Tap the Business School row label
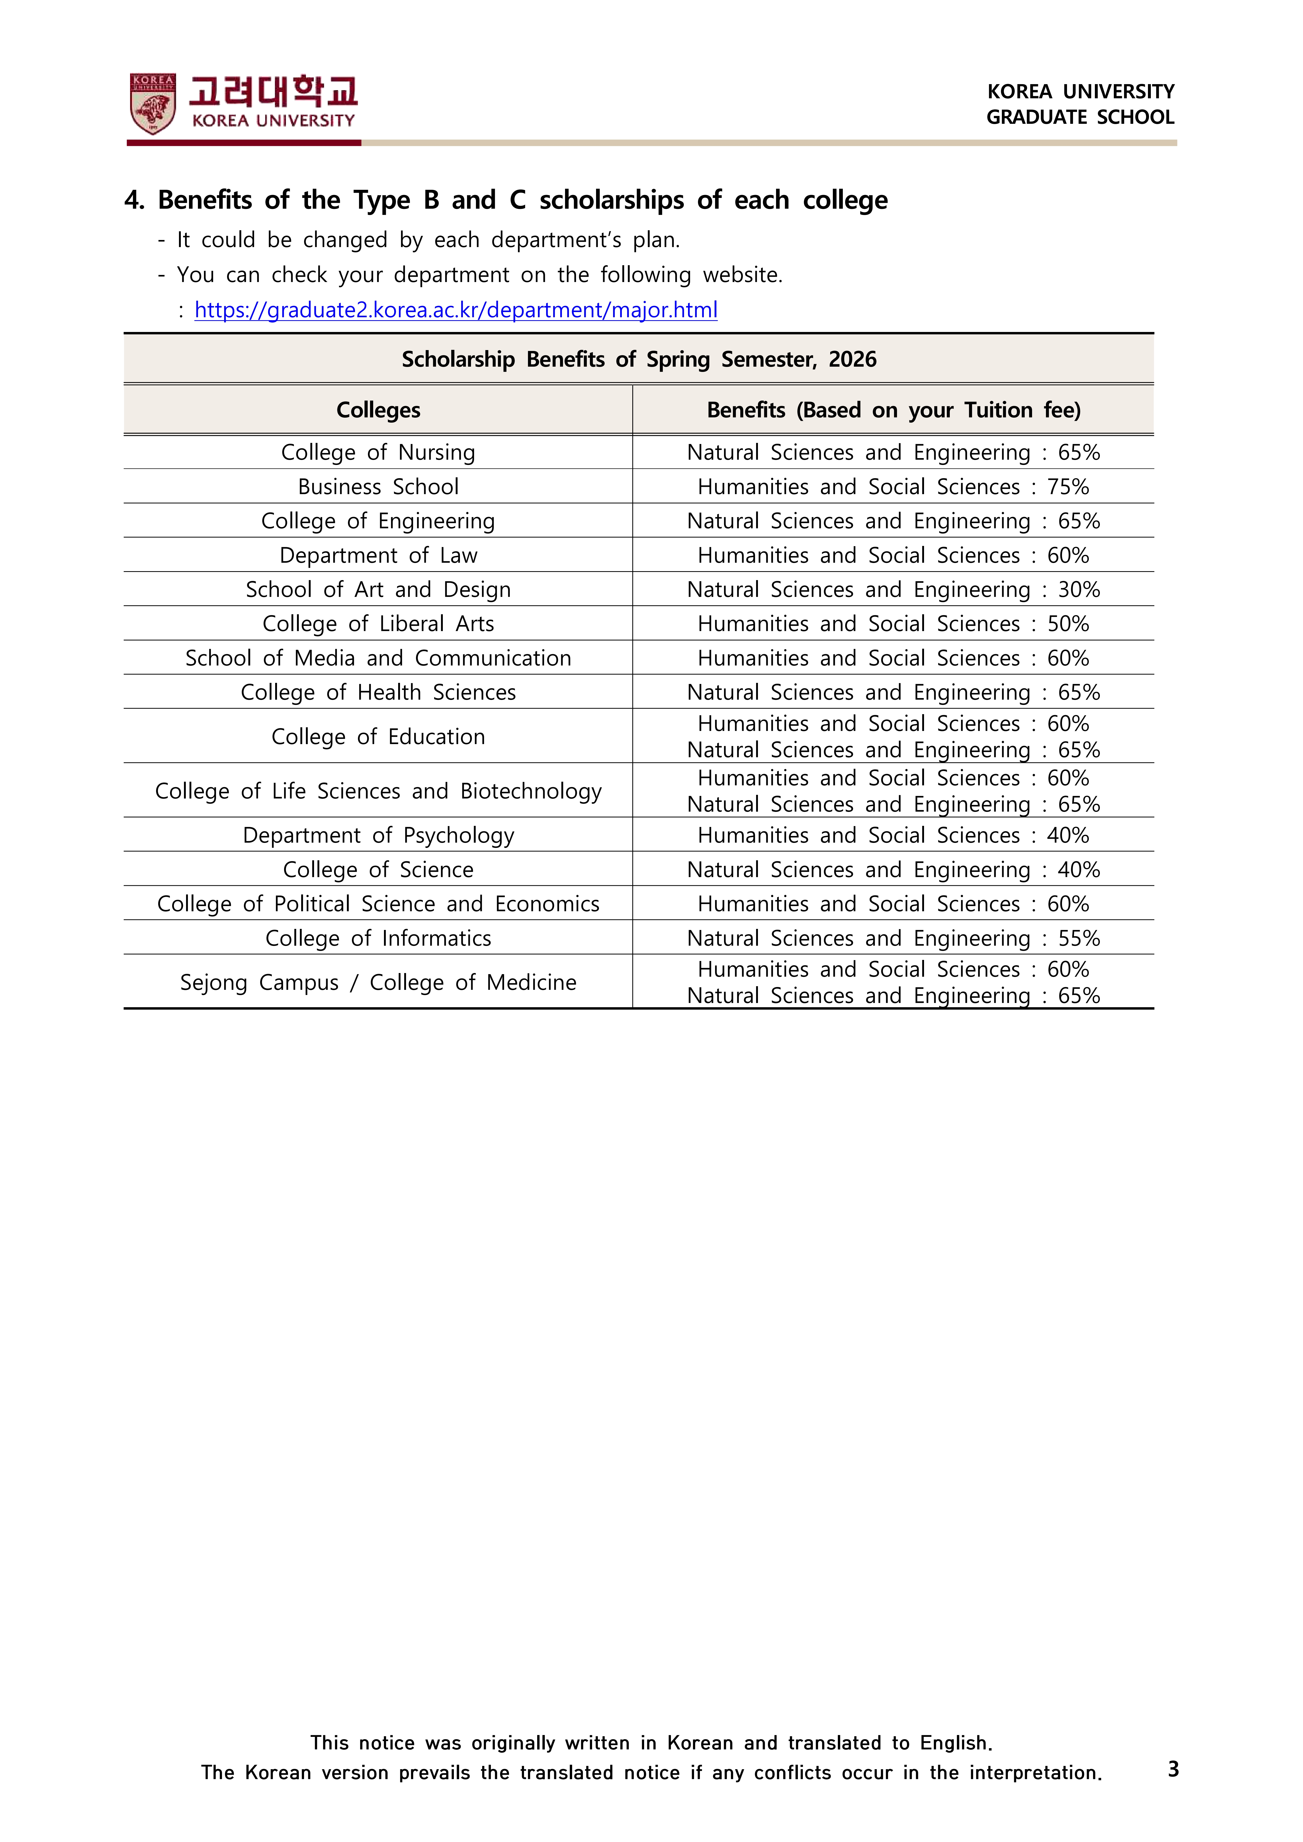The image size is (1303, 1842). pyautogui.click(x=378, y=487)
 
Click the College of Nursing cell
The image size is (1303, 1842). pyautogui.click(x=378, y=452)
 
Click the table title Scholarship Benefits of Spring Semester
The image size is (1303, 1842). pyautogui.click(x=639, y=359)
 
